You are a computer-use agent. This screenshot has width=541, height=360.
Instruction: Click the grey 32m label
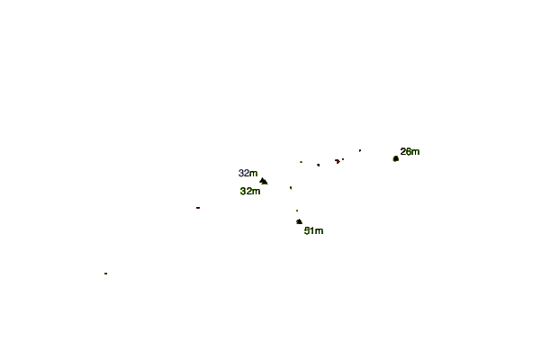tap(248, 173)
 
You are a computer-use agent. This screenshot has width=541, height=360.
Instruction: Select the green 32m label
tap(250, 191)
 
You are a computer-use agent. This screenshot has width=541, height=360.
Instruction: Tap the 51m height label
tap(313, 230)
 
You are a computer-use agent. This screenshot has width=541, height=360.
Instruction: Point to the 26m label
tap(410, 151)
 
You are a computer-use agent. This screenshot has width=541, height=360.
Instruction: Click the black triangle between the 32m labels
tap(264, 182)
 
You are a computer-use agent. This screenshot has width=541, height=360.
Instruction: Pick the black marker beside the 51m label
tap(299, 221)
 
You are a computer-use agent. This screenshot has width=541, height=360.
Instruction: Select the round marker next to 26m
tap(396, 158)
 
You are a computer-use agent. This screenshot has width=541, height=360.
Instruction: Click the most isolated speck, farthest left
tap(105, 274)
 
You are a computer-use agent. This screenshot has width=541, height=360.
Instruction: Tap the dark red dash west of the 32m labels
tap(198, 208)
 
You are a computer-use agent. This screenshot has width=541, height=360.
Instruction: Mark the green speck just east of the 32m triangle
tap(291, 188)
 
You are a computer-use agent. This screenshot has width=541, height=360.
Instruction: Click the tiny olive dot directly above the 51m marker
tap(297, 211)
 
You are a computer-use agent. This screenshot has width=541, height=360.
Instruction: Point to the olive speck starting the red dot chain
tap(302, 162)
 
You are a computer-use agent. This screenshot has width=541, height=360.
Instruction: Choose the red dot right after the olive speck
tap(318, 166)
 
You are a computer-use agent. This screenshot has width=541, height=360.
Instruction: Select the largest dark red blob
tap(337, 161)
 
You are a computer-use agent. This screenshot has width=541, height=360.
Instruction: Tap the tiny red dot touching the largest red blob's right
tap(343, 159)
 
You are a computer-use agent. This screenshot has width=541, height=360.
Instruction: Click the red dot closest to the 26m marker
tap(360, 150)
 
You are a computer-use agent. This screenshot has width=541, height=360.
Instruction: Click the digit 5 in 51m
tap(306, 230)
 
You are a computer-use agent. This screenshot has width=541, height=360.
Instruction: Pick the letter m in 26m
tap(416, 152)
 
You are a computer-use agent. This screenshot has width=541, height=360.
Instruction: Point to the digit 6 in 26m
tap(408, 151)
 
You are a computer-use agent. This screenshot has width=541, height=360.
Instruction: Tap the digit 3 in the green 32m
tap(243, 191)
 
